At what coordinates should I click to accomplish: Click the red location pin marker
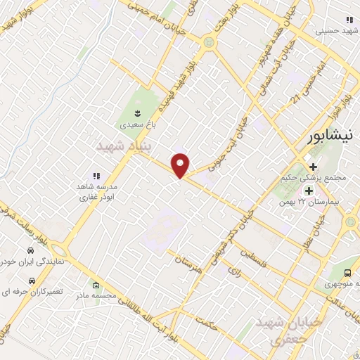[181, 165]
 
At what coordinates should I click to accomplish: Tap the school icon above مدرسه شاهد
[96, 176]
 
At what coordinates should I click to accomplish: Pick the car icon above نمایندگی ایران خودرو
[31, 250]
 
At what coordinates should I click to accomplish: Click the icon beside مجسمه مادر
[96, 285]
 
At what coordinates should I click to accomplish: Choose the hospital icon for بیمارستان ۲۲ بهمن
[308, 191]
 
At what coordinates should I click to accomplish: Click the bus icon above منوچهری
[347, 274]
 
